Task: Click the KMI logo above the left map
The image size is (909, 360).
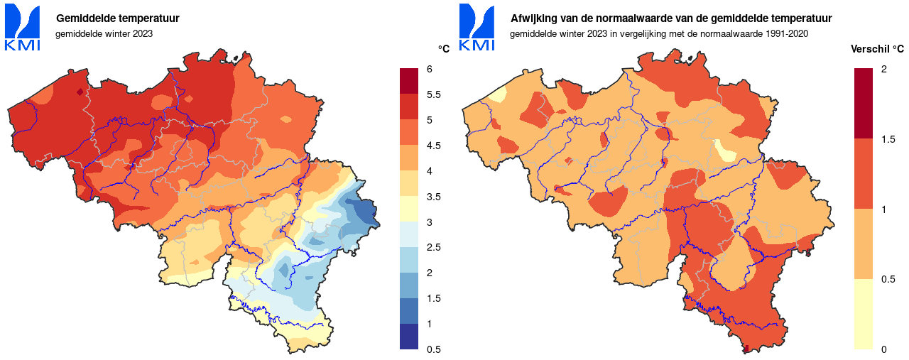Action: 23,28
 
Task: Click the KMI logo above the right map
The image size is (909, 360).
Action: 477,28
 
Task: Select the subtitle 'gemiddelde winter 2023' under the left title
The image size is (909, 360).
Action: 104,33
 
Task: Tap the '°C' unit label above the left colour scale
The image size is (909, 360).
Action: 444,49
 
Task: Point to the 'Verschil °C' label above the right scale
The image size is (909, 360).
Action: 877,49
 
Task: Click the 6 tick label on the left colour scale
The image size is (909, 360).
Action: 429,69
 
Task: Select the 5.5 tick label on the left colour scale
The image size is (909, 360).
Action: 432,94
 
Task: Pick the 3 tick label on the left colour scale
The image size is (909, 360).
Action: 429,222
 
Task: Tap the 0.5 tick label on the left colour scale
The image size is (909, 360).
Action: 432,349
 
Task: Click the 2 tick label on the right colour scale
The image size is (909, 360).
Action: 883,69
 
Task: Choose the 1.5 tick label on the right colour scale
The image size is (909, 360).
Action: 887,139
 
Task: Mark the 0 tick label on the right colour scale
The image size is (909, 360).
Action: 883,349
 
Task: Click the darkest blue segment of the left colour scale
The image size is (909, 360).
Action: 409,337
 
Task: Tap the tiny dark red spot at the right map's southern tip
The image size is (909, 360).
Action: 746,348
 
